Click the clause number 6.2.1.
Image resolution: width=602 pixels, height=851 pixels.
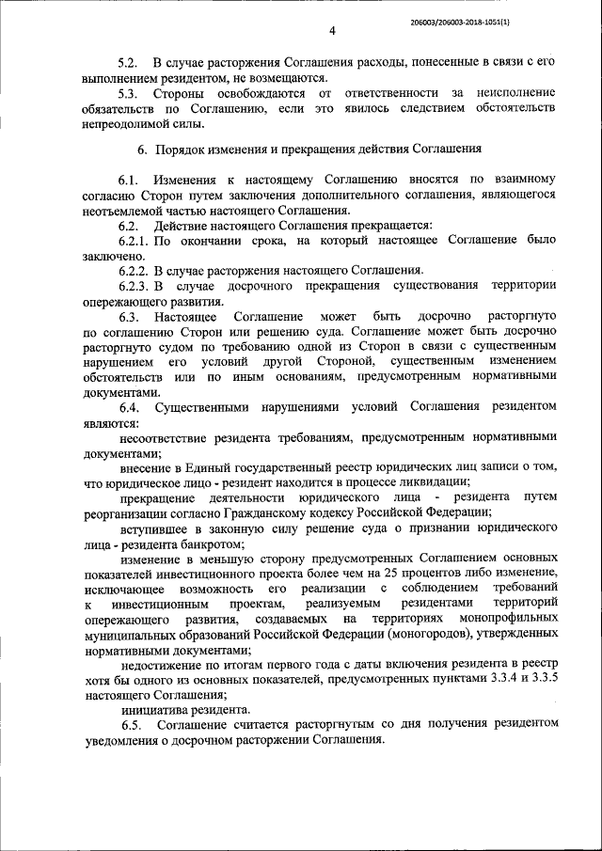pyautogui.click(x=135, y=241)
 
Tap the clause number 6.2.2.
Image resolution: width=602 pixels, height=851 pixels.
pyautogui.click(x=135, y=271)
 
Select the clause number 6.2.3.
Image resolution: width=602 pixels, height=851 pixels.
pyautogui.click(x=135, y=286)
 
